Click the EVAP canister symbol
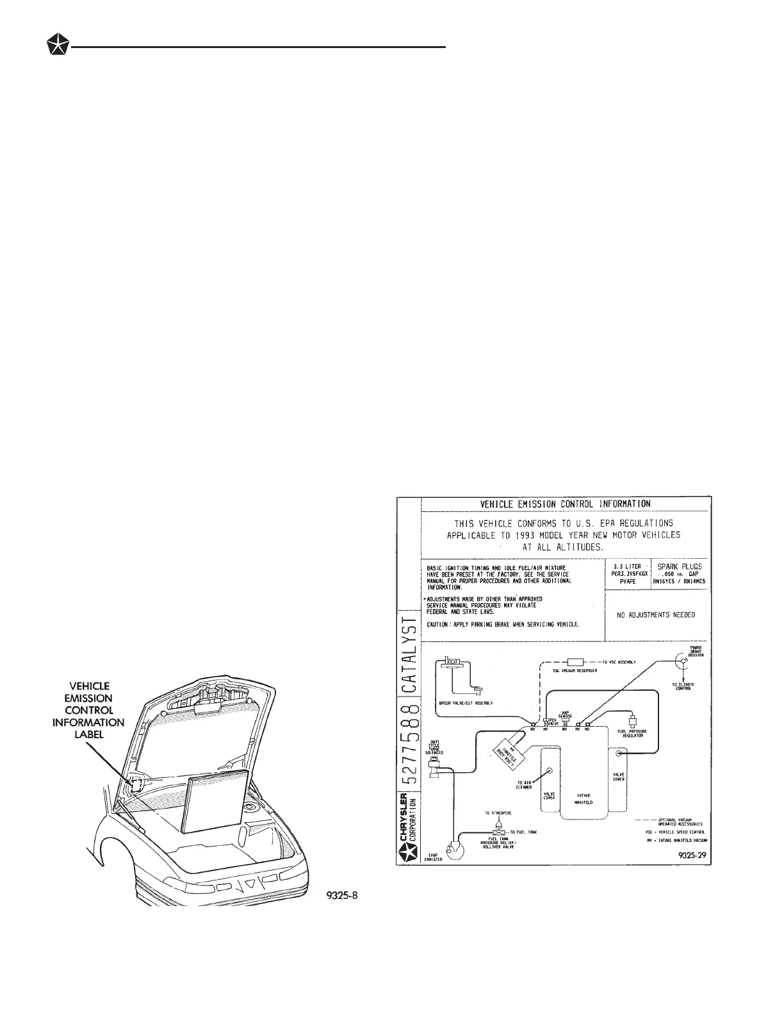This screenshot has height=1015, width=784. (x=455, y=850)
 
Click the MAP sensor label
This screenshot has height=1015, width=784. (x=566, y=713)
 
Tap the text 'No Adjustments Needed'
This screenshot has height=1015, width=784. (x=655, y=615)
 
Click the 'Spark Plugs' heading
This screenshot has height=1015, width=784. (x=680, y=566)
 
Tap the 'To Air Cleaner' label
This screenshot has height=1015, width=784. (x=524, y=785)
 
